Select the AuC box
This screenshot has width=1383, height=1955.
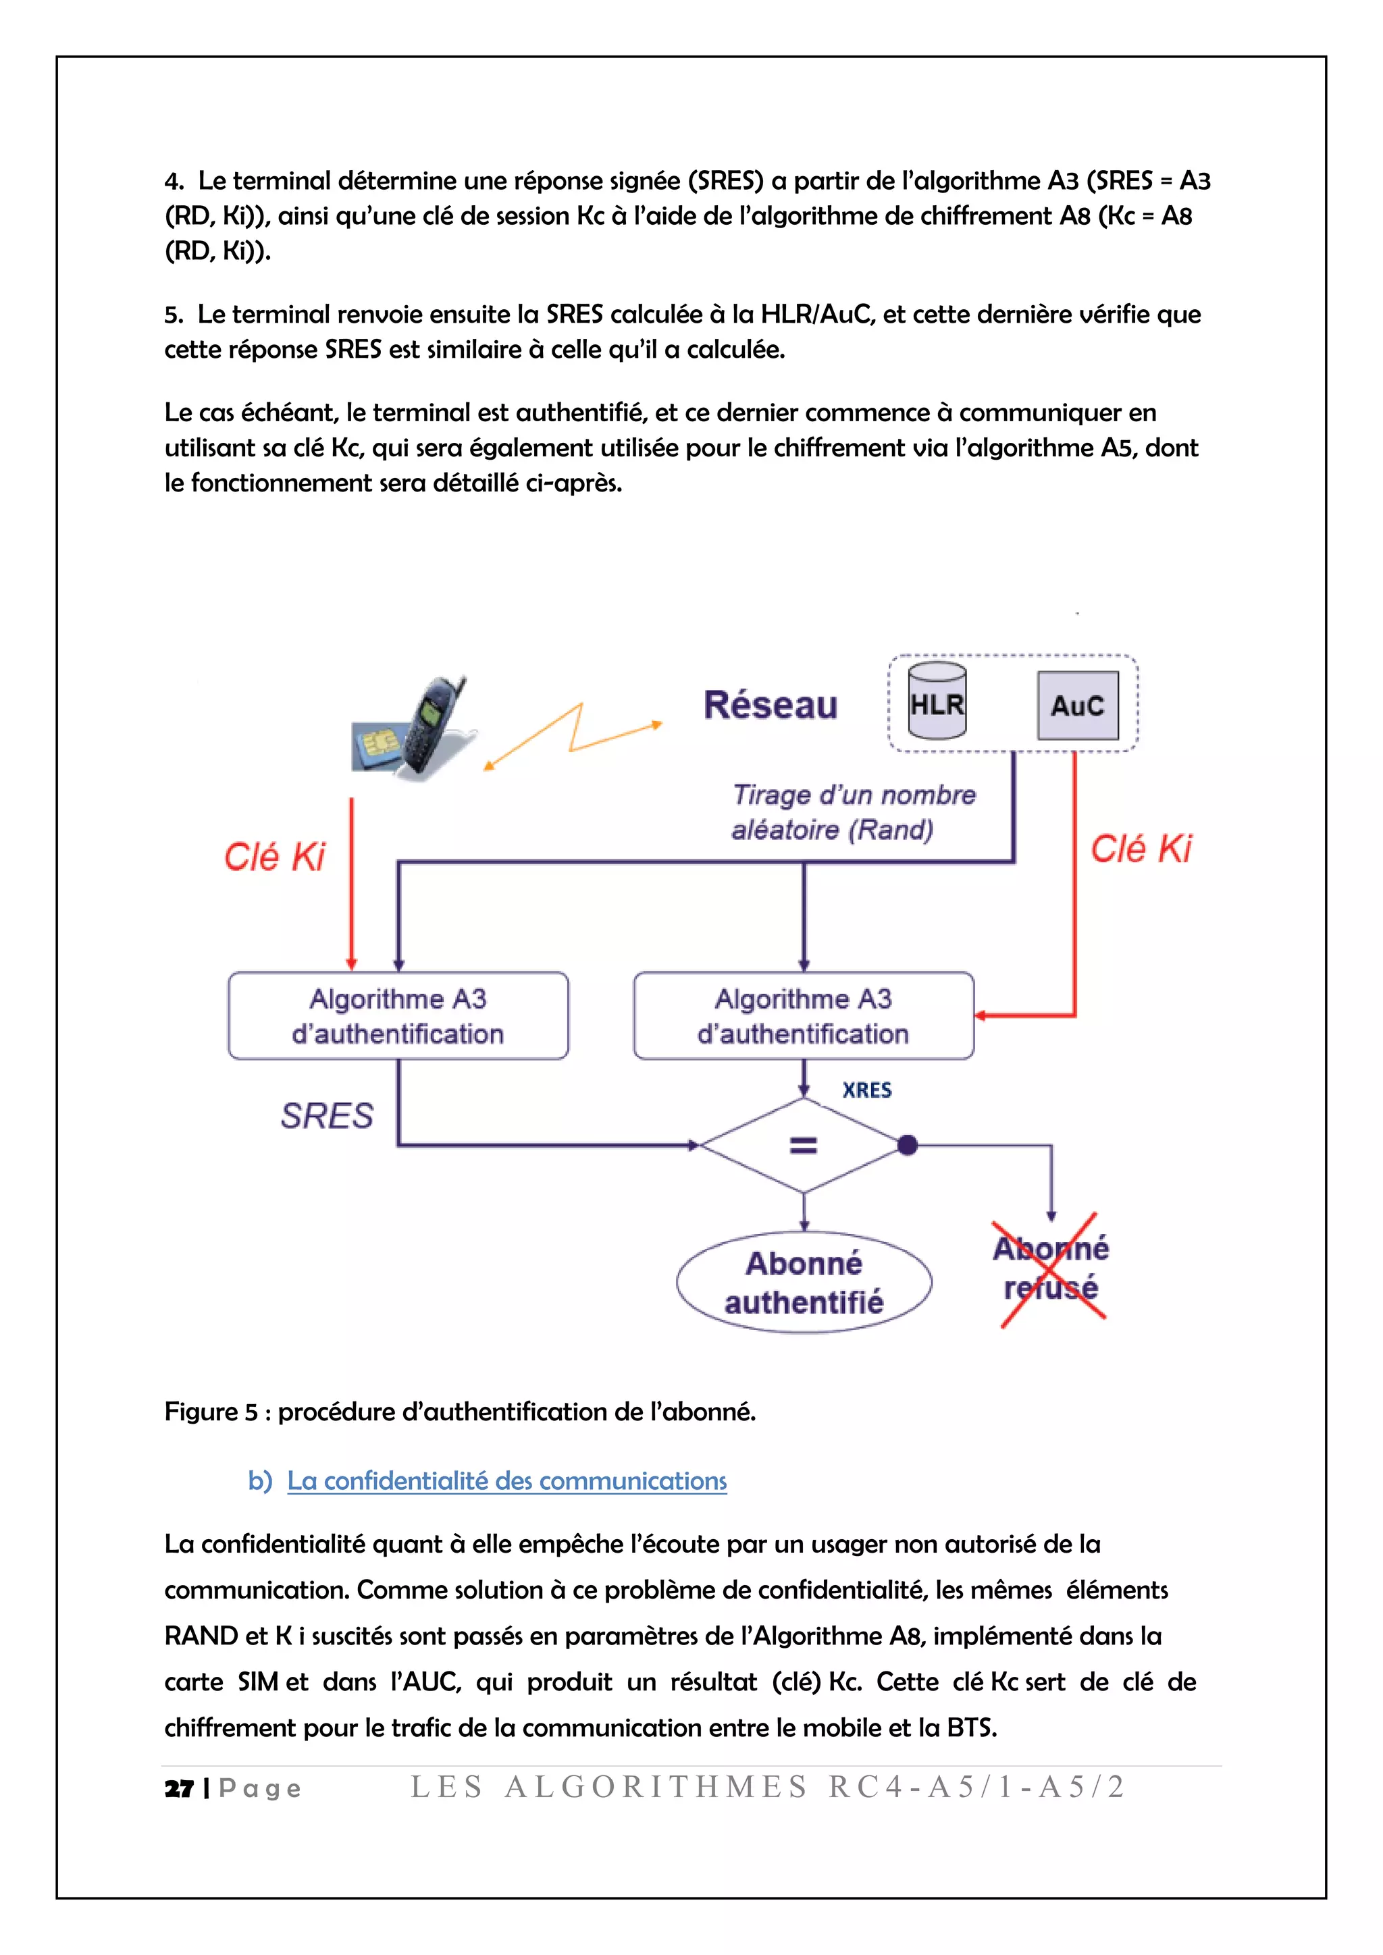(1077, 705)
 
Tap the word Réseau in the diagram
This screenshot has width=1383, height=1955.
(770, 705)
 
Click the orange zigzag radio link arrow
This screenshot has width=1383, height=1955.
(572, 733)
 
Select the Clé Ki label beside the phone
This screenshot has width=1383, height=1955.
(274, 857)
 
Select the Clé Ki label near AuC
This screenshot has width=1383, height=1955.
(1141, 849)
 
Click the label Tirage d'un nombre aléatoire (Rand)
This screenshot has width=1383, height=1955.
(852, 811)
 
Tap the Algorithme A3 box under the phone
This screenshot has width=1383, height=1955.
(398, 1016)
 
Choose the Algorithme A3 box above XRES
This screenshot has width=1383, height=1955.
(803, 1016)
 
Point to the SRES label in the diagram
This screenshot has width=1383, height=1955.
(327, 1115)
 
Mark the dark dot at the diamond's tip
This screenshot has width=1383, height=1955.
(908, 1145)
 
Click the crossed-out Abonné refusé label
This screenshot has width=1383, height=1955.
(1051, 1268)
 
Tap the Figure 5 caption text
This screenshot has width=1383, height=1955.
(460, 1412)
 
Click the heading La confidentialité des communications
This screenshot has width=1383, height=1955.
(506, 1480)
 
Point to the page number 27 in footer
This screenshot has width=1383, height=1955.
(179, 1789)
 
